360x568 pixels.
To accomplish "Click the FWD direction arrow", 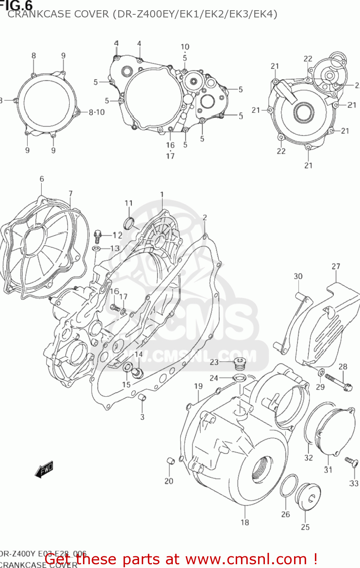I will (x=44, y=469).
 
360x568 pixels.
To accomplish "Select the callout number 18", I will (x=245, y=522).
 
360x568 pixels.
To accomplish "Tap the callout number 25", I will (x=305, y=527).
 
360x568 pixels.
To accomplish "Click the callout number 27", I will (x=336, y=266).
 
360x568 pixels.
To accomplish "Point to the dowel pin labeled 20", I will (x=170, y=461).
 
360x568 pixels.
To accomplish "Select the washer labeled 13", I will (x=96, y=249).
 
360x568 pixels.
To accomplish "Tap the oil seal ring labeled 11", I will (x=129, y=223).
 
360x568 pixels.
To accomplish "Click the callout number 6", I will (x=42, y=179).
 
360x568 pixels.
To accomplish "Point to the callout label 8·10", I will (x=97, y=112).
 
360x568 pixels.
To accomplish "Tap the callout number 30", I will (x=298, y=276).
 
